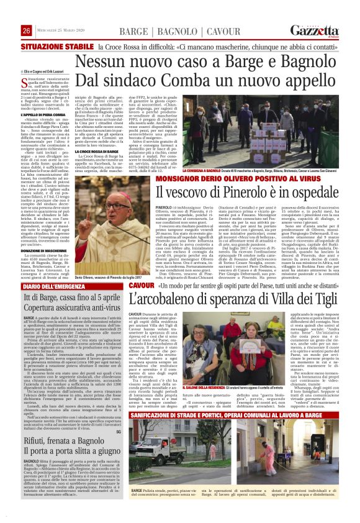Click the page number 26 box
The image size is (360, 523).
click(x=26, y=30)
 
